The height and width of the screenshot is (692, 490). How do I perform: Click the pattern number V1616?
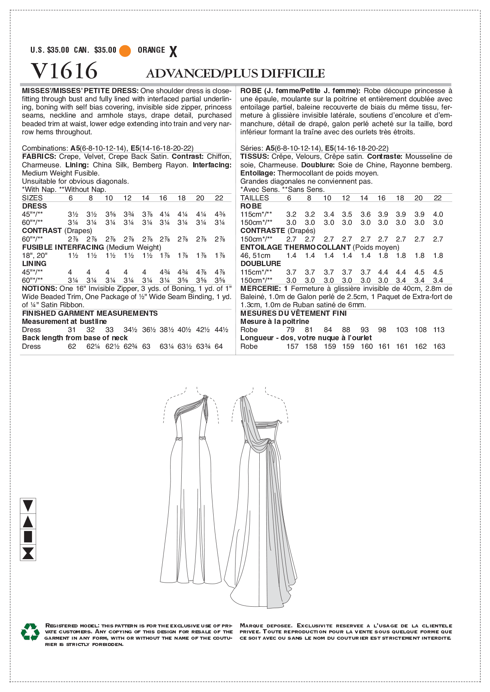coord(64,70)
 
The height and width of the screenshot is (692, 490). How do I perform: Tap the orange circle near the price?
coord(125,50)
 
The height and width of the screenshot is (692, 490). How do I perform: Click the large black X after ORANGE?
coord(173,52)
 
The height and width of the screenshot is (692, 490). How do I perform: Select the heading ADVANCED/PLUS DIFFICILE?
coord(235,73)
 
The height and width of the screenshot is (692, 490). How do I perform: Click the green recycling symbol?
coord(30,632)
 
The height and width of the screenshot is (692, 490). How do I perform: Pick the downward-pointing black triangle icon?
coord(28,505)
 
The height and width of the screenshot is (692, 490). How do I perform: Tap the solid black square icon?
coord(28,537)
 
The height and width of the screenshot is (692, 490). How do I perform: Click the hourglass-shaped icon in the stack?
coord(28,553)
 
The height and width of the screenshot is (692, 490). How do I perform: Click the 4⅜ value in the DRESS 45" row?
coord(220,214)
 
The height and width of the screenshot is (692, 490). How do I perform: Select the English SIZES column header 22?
coord(219,198)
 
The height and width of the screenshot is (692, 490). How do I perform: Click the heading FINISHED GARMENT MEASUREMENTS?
coord(90,313)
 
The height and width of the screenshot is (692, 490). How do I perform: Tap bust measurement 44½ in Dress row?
coord(221,330)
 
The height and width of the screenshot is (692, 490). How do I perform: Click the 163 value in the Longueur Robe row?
coord(439,347)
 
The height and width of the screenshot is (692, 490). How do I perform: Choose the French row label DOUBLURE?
coord(260,264)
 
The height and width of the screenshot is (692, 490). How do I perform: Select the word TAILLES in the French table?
coord(254,198)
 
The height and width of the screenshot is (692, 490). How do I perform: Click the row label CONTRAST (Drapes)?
coord(57,231)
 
